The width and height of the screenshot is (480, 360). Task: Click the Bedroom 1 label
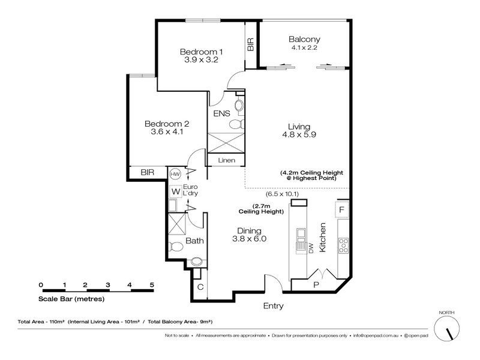click(x=201, y=52)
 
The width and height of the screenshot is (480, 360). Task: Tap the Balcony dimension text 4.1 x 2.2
click(x=304, y=47)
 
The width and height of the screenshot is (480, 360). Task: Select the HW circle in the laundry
click(x=175, y=174)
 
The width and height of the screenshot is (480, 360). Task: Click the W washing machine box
click(x=176, y=191)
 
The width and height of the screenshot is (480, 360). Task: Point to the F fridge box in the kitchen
click(x=342, y=209)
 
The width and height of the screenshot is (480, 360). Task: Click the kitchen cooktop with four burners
click(x=343, y=245)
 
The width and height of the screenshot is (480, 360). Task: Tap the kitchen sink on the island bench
click(x=301, y=233)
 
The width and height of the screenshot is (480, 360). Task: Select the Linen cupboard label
click(x=227, y=160)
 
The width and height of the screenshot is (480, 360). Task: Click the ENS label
click(x=221, y=113)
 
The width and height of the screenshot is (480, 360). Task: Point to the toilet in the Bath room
click(x=175, y=246)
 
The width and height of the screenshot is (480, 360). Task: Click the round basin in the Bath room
click(x=196, y=262)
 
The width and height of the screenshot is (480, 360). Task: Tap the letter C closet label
click(x=200, y=287)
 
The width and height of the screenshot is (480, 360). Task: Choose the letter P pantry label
click(x=316, y=284)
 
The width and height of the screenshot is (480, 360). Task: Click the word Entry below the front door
click(x=274, y=306)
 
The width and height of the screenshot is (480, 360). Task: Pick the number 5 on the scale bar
click(x=152, y=284)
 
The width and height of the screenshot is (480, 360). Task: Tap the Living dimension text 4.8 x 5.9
click(x=299, y=134)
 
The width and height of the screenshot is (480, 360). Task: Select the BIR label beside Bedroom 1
click(x=250, y=44)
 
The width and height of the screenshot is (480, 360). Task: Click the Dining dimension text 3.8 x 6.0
click(x=249, y=239)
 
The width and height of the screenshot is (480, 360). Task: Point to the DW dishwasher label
click(x=311, y=248)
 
